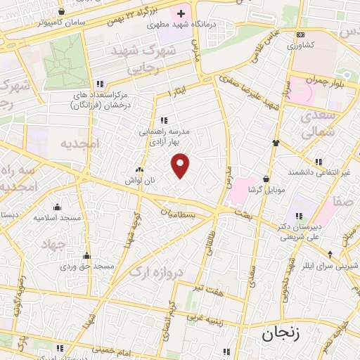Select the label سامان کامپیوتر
[x=59, y=22]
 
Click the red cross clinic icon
[x=181, y=13]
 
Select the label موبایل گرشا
[x=265, y=190]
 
